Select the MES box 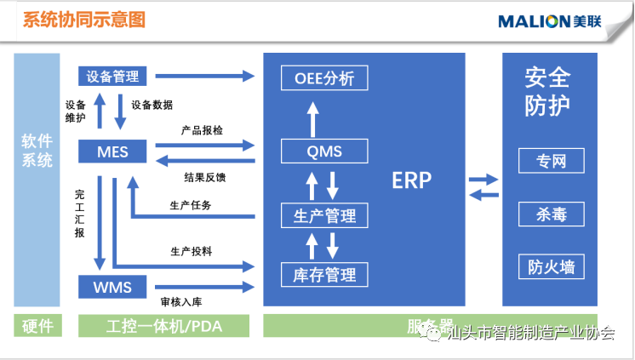tap(112, 152)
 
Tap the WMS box tap(112, 287)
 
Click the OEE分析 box tap(324, 79)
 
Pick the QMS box tap(324, 151)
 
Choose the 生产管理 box tap(324, 214)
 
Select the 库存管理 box tap(324, 275)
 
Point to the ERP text tap(412, 180)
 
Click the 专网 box tap(551, 160)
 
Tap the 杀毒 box tap(551, 214)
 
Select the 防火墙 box tap(551, 266)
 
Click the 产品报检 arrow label tap(202, 131)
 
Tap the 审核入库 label tap(181, 302)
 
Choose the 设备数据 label tap(152, 105)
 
